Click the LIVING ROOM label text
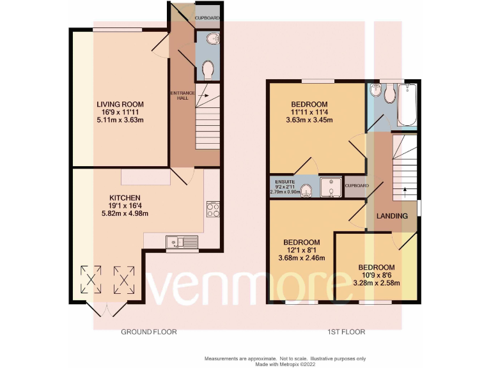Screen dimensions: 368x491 (120, 104)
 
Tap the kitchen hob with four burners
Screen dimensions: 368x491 (213, 210)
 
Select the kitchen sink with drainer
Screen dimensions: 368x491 (182, 241)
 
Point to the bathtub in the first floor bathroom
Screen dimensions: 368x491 (407, 105)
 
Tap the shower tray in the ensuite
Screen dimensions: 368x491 (332, 185)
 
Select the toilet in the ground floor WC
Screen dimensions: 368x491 (208, 68)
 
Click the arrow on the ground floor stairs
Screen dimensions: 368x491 (203, 97)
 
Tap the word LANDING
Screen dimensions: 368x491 (392, 216)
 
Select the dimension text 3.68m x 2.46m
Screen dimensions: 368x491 (302, 258)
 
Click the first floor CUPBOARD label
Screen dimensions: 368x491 (357, 185)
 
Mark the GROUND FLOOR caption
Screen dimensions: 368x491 (149, 332)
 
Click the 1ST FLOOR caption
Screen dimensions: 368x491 (347, 332)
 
